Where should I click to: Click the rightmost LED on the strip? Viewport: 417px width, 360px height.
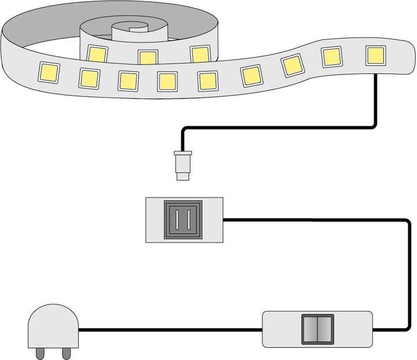pos(376,56)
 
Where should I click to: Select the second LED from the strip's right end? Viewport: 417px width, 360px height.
pos(332,57)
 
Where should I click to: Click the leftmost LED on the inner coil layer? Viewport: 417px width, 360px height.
pos(97,53)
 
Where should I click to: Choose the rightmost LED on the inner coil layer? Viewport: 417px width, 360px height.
pos(200,54)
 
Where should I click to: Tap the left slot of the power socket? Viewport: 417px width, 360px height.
pos(177,220)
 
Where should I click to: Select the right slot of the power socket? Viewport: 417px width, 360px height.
pos(189,220)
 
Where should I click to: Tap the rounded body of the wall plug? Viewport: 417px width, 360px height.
pos(52,327)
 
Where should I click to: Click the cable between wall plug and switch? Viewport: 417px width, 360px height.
pos(168,330)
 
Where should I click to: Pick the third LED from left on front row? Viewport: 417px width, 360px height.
pos(127,80)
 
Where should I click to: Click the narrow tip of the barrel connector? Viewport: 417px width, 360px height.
pos(183,174)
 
